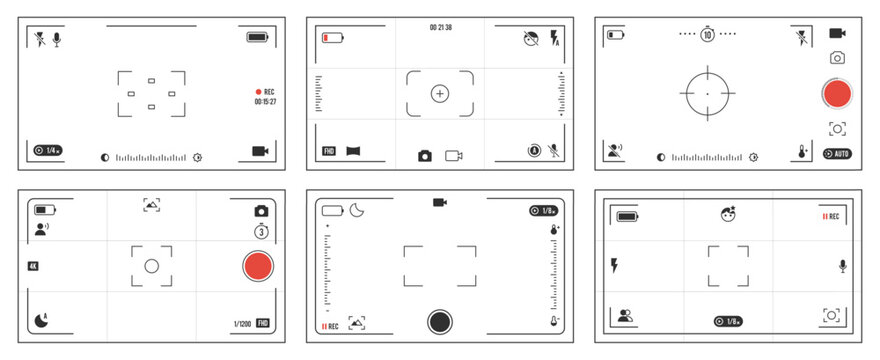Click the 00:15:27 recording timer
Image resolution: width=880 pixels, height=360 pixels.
click(x=266, y=101)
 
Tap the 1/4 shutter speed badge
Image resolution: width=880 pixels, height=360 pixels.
click(x=48, y=150)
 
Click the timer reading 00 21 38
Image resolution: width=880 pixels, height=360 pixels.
click(x=440, y=27)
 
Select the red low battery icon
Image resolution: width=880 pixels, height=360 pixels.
click(x=332, y=38)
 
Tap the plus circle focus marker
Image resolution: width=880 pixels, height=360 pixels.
click(x=440, y=93)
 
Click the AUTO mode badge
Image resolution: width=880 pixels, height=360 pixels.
click(x=837, y=154)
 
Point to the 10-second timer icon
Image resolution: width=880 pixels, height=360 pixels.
click(x=707, y=34)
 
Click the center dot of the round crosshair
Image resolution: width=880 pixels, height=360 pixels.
click(x=707, y=93)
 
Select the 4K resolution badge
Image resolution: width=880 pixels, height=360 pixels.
click(x=33, y=266)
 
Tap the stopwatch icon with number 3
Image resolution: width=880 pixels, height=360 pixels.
click(x=261, y=232)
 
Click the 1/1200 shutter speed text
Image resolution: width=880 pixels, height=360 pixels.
click(x=242, y=323)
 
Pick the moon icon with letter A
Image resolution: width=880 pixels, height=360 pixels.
click(x=40, y=321)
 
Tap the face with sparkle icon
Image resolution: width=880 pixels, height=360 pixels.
click(x=729, y=214)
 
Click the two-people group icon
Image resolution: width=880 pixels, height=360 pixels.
click(x=626, y=317)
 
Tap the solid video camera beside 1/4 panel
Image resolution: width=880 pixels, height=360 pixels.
click(x=262, y=151)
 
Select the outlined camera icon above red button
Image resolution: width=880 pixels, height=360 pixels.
click(x=837, y=59)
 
